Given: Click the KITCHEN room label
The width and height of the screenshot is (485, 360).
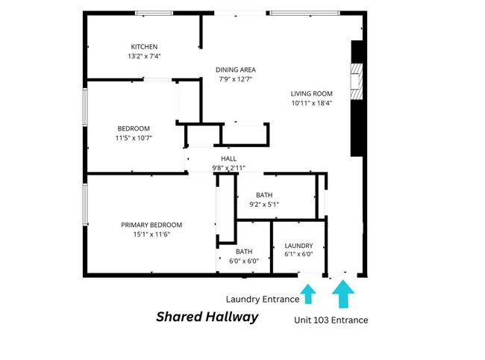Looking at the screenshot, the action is point(144,47).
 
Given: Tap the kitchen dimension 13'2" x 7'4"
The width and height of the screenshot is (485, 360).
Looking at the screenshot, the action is point(144,56).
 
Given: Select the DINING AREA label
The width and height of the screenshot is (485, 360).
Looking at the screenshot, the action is point(236,70).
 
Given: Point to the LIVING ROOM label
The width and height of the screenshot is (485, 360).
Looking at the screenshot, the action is point(311,94).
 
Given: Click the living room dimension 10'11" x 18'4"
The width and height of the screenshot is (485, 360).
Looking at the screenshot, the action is point(311,103).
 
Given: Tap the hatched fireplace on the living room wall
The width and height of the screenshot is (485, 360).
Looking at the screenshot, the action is point(357,81).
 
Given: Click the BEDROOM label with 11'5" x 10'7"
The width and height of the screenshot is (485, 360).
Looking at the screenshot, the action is point(134,128).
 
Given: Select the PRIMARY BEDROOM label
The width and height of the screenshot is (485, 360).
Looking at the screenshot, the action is point(151,225).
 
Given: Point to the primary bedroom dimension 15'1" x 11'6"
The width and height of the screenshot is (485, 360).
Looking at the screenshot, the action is point(151,235).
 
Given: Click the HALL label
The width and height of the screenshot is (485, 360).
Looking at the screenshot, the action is point(228,159).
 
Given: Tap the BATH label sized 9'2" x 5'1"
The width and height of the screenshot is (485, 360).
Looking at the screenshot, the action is point(264,195).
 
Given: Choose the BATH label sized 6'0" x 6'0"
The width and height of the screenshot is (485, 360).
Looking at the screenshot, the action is point(244,252).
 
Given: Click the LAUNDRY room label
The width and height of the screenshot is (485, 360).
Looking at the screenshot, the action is point(298,246).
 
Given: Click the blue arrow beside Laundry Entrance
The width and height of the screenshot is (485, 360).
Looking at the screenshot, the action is point(308,294).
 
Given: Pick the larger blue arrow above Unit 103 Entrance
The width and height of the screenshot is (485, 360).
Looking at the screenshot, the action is point(343,294).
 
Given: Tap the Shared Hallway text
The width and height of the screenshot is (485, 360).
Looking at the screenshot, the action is point(207,317).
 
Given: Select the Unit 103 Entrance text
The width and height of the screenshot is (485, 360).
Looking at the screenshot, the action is point(331,320).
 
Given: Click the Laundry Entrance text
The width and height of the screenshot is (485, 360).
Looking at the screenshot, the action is point(263,300).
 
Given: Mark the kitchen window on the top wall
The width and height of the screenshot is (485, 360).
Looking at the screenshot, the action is point(154,13).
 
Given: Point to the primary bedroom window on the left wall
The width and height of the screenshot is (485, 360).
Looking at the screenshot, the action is point(85,205).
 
